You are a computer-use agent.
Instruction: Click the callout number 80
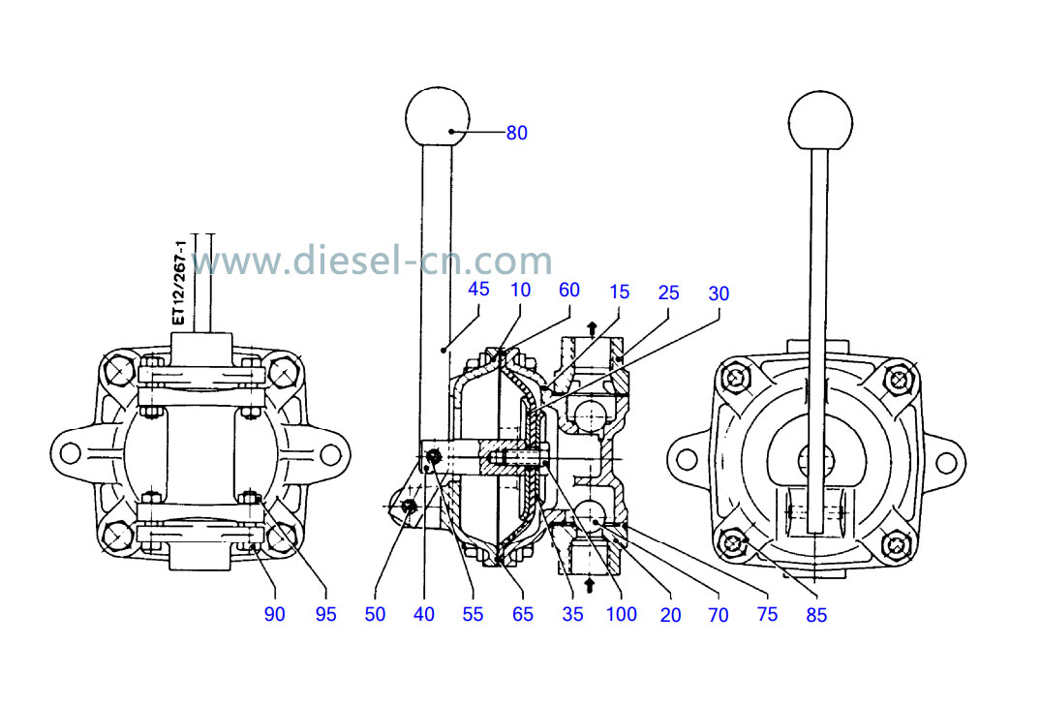517,134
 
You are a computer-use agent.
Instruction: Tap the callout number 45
478,289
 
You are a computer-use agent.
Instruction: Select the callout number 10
521,289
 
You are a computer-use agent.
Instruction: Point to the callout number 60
569,289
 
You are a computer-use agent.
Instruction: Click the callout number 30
719,293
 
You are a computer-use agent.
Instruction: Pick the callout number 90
275,614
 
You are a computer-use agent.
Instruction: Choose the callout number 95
326,614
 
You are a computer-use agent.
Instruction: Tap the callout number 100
622,614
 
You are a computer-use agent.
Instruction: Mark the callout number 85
817,614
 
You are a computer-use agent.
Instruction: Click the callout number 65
523,614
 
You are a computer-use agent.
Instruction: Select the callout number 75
767,614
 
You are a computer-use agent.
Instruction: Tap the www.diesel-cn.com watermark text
372,261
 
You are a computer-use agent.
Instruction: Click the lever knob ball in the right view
820,121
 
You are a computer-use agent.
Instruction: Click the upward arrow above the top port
592,325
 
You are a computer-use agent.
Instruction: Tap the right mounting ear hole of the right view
946,452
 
